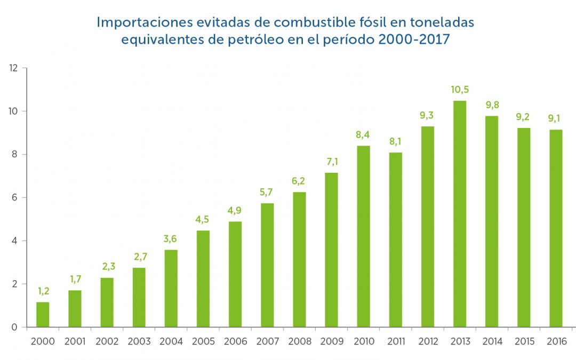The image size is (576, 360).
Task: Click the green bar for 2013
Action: pos(460,213)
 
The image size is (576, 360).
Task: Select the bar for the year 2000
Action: pos(43,314)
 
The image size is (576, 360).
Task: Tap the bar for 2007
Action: pos(267,265)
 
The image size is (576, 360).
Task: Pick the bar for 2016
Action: pos(556,228)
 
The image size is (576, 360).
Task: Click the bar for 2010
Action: pos(363,236)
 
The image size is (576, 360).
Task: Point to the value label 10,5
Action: pos(460,90)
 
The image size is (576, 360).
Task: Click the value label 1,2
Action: pos(43,291)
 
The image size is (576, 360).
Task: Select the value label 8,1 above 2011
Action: pos(395,142)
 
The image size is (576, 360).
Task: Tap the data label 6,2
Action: pos(299,181)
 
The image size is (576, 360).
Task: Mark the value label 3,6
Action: pos(171,239)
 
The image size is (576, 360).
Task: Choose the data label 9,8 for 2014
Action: pos(492,105)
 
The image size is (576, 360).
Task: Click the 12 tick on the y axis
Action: pos(14,68)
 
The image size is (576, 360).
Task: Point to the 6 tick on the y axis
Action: pos(16,198)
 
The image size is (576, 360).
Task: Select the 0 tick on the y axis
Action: pos(16,327)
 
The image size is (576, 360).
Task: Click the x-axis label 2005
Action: pos(203,341)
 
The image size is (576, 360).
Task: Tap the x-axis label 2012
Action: pos(428,341)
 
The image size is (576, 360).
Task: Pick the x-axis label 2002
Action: pos(107,341)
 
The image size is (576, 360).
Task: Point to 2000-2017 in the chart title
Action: pos(414,40)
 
